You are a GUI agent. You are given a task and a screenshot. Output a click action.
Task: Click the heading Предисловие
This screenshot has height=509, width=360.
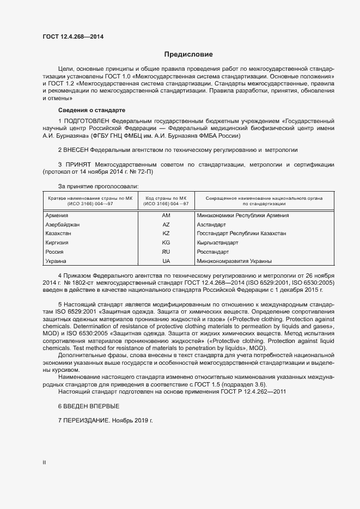point(188,54)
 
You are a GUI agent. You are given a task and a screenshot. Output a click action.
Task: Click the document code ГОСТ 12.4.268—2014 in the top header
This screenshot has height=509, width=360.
point(72,37)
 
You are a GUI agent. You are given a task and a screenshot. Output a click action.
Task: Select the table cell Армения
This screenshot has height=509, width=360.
point(57,216)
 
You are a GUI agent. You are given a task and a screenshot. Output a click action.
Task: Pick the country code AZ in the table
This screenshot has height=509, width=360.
point(166,225)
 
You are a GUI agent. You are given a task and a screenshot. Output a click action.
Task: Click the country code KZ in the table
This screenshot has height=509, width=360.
point(166,234)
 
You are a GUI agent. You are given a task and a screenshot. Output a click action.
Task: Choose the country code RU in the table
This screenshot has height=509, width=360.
point(166,252)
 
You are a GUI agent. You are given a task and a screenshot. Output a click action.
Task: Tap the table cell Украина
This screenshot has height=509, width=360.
point(56,261)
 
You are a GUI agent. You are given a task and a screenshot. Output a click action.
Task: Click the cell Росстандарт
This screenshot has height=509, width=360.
point(213,252)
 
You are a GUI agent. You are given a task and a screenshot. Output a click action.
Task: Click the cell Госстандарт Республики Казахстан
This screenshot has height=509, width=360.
point(241,234)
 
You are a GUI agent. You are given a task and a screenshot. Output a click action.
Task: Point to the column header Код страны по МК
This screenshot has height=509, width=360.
point(166,198)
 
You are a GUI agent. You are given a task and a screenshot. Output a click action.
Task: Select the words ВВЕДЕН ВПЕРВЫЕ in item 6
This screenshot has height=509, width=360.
point(91,407)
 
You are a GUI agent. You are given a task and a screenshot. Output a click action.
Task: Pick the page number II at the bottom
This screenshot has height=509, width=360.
point(44,463)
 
